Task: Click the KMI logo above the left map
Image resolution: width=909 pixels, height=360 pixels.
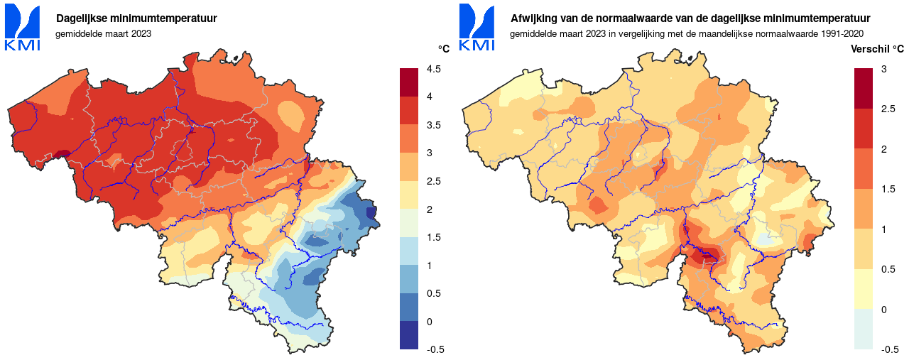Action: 23,27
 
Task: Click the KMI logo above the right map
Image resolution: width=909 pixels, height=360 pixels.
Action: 477,27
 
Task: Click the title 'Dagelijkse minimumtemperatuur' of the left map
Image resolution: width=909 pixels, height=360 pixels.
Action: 137,18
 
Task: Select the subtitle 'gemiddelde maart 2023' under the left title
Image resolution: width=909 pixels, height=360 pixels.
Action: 103,33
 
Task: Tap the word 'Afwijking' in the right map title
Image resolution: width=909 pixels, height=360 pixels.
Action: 532,18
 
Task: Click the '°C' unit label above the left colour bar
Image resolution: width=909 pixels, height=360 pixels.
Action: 443,49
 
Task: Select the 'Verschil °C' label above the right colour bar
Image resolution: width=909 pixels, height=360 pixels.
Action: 878,49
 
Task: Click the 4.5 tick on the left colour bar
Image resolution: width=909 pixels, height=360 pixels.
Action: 433,69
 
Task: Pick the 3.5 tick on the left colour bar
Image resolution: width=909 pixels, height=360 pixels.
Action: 433,125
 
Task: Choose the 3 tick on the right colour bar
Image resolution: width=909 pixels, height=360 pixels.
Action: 883,69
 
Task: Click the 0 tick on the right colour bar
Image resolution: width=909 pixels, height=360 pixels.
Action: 883,310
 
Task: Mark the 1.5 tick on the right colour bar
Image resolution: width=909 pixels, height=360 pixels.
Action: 887,189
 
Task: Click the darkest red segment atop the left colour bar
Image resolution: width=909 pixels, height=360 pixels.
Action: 409,82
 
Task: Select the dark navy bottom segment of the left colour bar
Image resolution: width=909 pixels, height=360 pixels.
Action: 409,335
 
